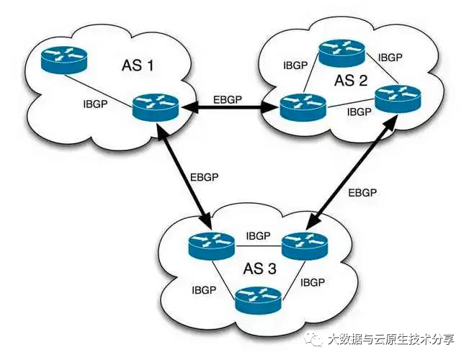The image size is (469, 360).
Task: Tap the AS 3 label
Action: click(259, 271)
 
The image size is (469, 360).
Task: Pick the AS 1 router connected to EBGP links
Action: click(155, 109)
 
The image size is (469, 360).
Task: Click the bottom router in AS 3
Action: click(258, 300)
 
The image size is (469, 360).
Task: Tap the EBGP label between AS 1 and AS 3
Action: click(205, 176)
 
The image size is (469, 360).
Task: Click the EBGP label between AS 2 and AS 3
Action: click(362, 192)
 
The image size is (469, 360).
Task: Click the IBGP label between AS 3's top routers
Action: click(258, 235)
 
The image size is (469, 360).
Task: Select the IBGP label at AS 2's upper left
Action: click(296, 64)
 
